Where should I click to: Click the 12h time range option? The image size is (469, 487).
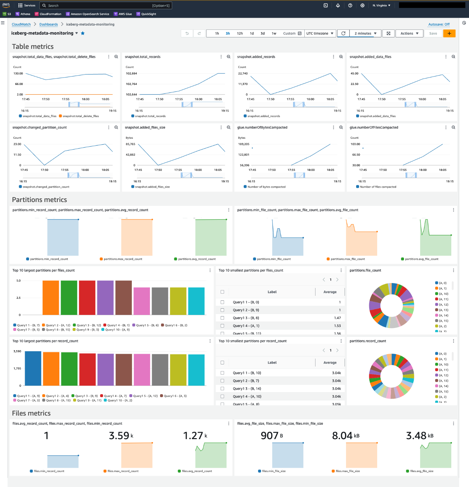click(240, 33)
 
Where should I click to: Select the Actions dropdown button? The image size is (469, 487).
click(409, 33)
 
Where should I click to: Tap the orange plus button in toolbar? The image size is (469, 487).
click(449, 33)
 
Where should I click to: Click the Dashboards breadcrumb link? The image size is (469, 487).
click(49, 24)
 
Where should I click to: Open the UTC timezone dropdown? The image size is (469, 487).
click(319, 33)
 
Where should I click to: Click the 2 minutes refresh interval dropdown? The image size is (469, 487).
click(365, 33)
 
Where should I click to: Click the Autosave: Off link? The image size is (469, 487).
click(439, 24)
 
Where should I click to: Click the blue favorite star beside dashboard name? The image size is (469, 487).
click(83, 33)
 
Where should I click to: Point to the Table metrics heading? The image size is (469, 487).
click(33, 47)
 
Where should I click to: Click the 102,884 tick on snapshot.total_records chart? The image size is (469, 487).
click(131, 73)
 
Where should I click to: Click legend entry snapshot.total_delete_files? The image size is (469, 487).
click(80, 116)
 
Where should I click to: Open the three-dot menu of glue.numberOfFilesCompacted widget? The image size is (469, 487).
click(446, 128)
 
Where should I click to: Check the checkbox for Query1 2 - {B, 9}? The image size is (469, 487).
click(222, 310)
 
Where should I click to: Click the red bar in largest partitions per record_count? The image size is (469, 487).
click(87, 369)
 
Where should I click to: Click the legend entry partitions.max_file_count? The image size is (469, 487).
click(347, 259)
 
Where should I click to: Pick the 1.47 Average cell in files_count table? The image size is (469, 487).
click(337, 318)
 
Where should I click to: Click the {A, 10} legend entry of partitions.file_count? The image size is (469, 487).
click(443, 294)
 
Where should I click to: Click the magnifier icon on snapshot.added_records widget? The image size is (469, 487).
click(341, 57)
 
